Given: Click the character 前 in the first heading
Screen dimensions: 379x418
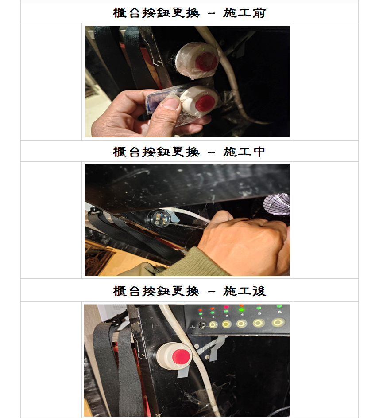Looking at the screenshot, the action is [259, 13].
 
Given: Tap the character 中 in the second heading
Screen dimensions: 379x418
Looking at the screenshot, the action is [259, 152].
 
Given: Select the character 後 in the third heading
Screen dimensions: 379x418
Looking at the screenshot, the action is [259, 291].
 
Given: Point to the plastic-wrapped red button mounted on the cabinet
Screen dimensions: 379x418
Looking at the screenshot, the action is [197, 60].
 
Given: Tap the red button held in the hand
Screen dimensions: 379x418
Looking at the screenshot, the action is [199, 101].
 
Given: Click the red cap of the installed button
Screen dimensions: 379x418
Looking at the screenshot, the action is [181, 356].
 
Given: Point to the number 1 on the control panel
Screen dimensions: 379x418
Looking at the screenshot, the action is [201, 318].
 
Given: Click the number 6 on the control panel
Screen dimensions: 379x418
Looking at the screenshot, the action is [279, 312].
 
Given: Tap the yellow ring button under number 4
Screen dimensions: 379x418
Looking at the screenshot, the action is [241, 324].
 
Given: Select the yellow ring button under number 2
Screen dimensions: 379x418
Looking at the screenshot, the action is [213, 325].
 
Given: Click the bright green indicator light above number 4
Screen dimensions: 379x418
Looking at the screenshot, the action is [241, 309].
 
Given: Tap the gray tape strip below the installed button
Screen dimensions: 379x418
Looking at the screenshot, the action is [183, 371].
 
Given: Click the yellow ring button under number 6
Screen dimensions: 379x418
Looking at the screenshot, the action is [278, 323].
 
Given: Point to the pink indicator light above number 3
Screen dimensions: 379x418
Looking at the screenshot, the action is [226, 307].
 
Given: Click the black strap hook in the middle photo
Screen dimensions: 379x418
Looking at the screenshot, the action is [95, 211].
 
